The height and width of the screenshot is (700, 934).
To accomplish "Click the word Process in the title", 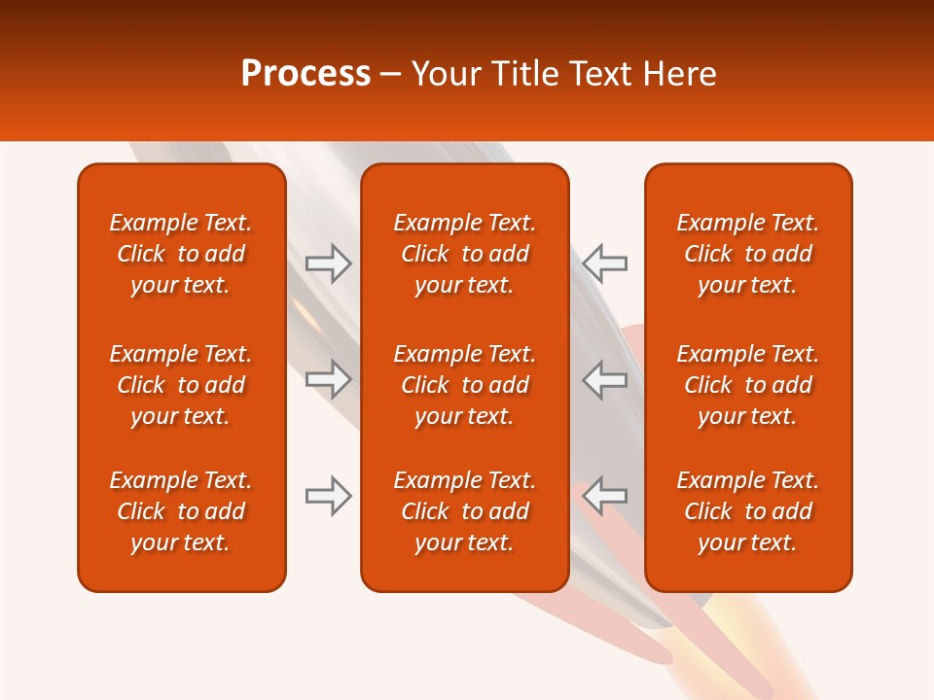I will click(x=305, y=74).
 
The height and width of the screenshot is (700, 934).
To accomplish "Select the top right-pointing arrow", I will click(x=329, y=262).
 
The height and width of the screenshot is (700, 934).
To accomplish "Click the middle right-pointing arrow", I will click(x=329, y=379).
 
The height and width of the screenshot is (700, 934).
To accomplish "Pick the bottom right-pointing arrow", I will click(x=329, y=496).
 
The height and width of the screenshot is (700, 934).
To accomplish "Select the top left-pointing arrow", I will click(x=605, y=262).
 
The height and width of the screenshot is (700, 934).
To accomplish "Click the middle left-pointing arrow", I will click(x=605, y=379).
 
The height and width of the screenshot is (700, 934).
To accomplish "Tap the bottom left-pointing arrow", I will click(x=605, y=496).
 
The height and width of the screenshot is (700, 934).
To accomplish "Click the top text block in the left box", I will click(x=181, y=254).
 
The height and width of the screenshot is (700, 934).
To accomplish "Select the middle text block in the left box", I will click(x=181, y=385).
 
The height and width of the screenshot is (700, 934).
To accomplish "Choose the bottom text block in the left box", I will click(x=181, y=511).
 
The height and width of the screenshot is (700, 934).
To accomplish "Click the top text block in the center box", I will click(x=464, y=254).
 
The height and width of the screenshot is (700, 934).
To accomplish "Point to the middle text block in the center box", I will click(x=464, y=385).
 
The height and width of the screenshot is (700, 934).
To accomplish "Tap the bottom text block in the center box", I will click(x=464, y=511).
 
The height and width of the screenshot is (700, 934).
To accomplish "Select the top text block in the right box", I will click(x=747, y=254).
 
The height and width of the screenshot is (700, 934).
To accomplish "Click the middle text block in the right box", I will click(x=747, y=385).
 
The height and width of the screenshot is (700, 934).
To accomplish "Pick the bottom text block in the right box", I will click(x=747, y=511).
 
